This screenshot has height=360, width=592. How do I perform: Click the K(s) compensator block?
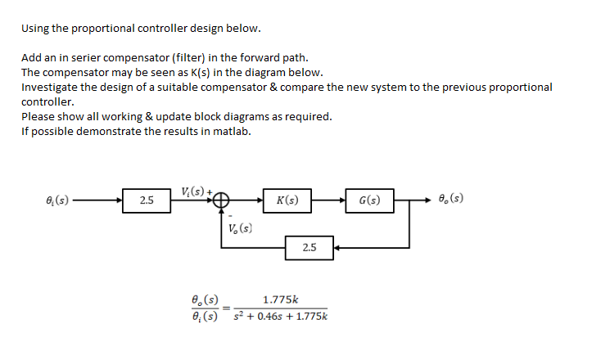pyautogui.click(x=287, y=200)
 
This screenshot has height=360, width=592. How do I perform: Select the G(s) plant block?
pyautogui.click(x=369, y=200)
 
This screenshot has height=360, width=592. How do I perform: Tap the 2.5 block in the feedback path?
pyautogui.click(x=310, y=246)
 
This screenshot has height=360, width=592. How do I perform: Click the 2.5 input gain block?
pyautogui.click(x=147, y=200)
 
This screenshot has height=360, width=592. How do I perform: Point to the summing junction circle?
pyautogui.click(x=222, y=200)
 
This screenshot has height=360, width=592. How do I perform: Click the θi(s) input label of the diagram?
pyautogui.click(x=56, y=200)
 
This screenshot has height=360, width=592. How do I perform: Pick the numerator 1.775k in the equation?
pyautogui.click(x=278, y=300)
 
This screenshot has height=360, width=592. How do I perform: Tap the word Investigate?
pyautogui.click(x=49, y=87)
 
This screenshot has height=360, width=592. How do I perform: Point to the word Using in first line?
pyautogui.click(x=36, y=28)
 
